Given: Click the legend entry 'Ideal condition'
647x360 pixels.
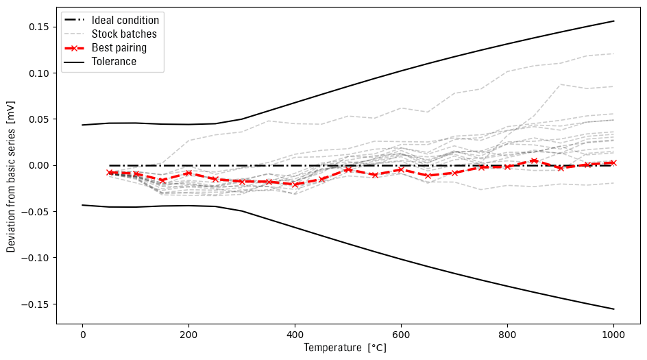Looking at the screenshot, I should tap(125, 21).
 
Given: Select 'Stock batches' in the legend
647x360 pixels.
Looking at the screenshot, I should tap(124, 34).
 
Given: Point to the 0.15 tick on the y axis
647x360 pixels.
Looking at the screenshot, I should tap(40, 27).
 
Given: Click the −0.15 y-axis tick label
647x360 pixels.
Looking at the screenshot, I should tap(37, 304).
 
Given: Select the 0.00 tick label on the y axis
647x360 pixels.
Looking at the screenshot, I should tap(40, 165).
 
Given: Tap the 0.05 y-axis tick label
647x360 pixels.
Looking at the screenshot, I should tap(40, 119).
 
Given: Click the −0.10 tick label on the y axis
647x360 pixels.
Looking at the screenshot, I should tap(37, 258).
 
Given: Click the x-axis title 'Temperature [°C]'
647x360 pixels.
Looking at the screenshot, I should tap(345, 348).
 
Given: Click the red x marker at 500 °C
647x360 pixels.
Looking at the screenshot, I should tap(348, 169).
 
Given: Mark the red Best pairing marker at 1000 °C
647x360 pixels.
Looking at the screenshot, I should tap(613, 163).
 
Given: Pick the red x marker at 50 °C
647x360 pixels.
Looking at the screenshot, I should tap(109, 172).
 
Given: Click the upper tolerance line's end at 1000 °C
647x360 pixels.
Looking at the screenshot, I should tap(613, 21).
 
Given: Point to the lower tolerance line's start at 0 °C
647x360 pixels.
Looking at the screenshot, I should tap(82, 205).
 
